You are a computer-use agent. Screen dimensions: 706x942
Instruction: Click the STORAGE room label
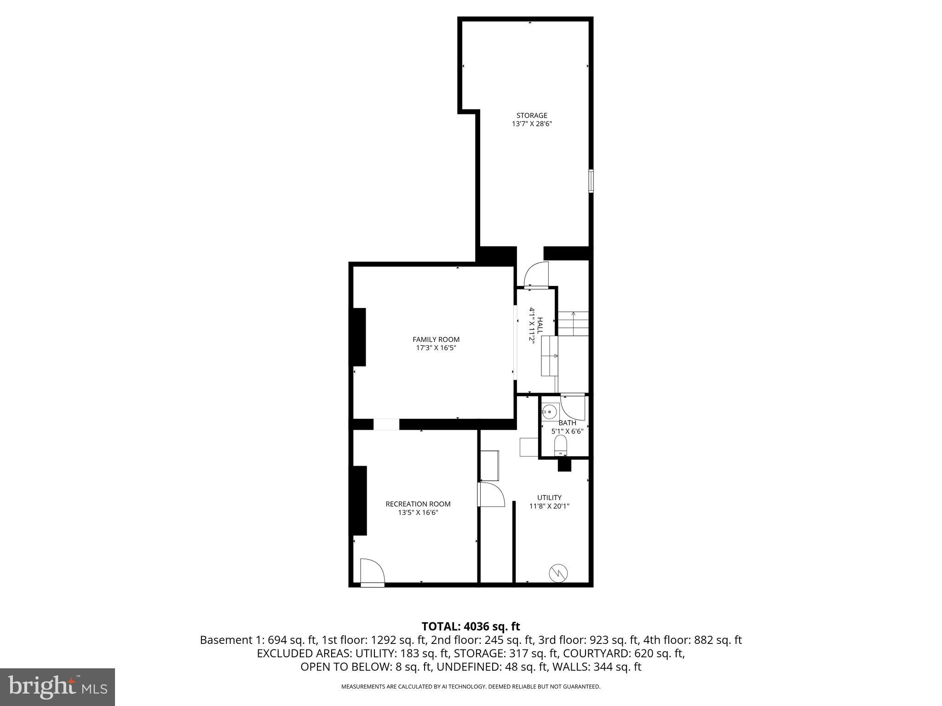click(532, 115)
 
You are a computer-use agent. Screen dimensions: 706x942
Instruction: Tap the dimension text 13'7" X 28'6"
click(532, 124)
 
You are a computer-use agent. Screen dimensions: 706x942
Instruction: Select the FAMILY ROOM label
click(436, 340)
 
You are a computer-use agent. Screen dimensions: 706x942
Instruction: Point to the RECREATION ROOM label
click(418, 504)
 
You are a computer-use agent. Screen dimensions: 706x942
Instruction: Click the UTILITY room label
click(549, 497)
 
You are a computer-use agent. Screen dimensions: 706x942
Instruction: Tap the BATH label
click(567, 423)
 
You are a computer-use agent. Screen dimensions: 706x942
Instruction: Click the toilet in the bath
click(560, 445)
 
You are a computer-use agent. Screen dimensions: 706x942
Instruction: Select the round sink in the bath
click(549, 411)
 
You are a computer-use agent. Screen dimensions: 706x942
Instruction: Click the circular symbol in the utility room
click(558, 573)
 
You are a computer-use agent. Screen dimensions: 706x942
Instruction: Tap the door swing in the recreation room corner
click(372, 572)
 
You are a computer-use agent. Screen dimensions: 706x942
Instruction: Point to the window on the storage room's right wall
click(591, 181)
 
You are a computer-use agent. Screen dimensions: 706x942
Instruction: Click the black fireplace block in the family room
click(359, 337)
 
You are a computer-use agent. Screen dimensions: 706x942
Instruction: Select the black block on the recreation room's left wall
click(359, 501)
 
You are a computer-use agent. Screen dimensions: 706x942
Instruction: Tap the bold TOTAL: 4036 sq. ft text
click(471, 626)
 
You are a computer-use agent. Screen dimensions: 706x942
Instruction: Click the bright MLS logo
click(57, 687)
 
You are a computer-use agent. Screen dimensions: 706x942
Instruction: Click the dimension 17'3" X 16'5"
click(436, 348)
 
